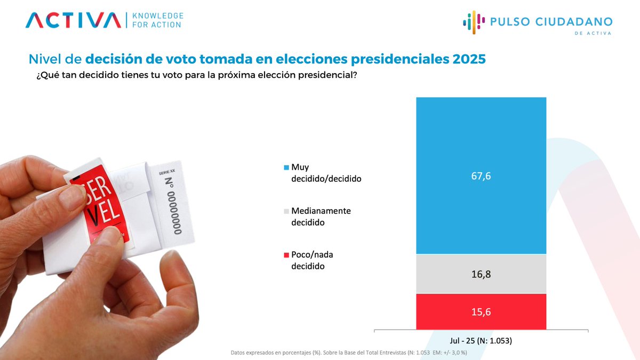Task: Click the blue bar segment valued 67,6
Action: pos(481,175)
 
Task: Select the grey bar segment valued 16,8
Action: pos(481,274)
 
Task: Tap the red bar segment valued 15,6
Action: pos(481,311)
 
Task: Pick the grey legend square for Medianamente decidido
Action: pos(286,211)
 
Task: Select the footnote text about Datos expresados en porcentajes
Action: pos(349,353)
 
